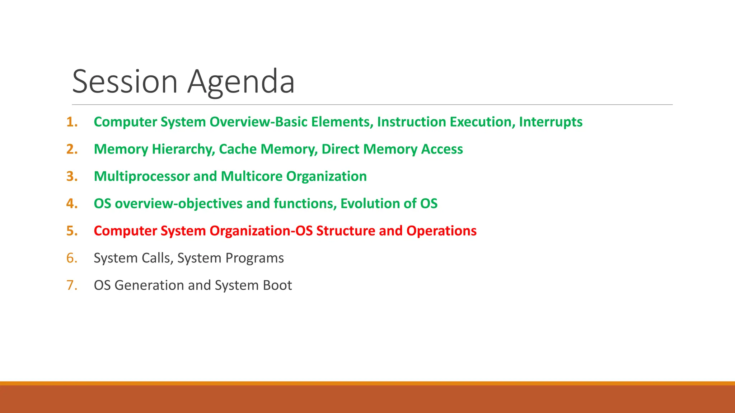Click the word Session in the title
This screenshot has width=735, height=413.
pyautogui.click(x=125, y=82)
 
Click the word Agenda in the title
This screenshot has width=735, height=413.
pyautogui.click(x=241, y=82)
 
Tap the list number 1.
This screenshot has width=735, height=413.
pyautogui.click(x=72, y=122)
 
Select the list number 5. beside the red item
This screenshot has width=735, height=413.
pyautogui.click(x=72, y=231)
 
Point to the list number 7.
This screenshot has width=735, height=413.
pyautogui.click(x=72, y=285)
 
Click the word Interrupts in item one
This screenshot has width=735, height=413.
pyautogui.click(x=551, y=122)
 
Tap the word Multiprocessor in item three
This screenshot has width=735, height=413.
pyautogui.click(x=141, y=176)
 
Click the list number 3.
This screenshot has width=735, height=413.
pyautogui.click(x=72, y=176)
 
